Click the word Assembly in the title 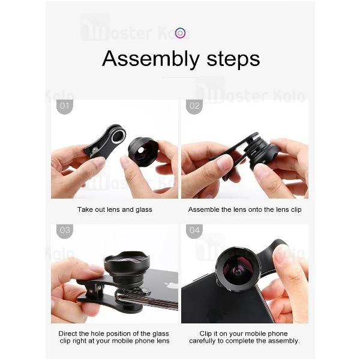click(x=142, y=59)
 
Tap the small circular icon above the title click(x=181, y=34)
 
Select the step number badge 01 click(x=64, y=107)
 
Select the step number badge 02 click(x=194, y=107)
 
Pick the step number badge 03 click(x=64, y=230)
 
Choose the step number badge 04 click(x=194, y=230)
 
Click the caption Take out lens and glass click(x=114, y=209)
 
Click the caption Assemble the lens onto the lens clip click(x=244, y=209)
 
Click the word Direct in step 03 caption click(x=69, y=333)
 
